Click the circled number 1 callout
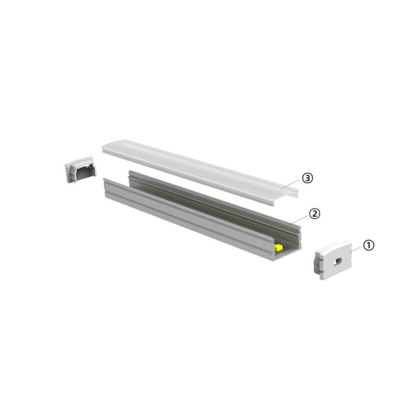[x=369, y=245]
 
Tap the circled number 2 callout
[x=314, y=213]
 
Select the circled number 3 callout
[x=307, y=178]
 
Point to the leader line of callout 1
[x=356, y=248]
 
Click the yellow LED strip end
[x=279, y=246]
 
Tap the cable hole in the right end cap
[x=337, y=261]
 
